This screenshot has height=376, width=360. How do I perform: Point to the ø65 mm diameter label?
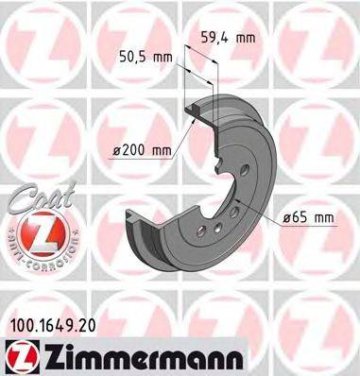(x=310, y=218)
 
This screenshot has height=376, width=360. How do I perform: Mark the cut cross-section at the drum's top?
(x=196, y=110)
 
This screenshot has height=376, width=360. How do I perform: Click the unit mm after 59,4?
(x=247, y=38)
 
